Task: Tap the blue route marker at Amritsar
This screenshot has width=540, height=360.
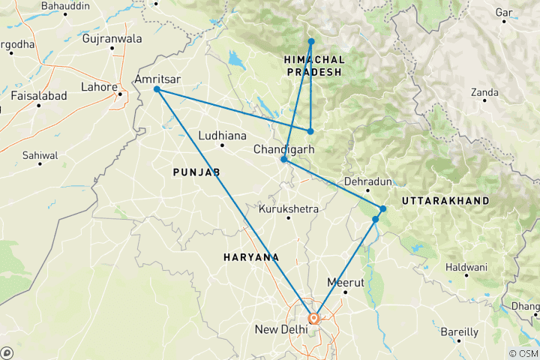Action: coord(157,89)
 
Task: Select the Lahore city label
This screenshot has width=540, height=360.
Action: coord(100,88)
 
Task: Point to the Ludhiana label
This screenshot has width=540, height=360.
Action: coord(222,136)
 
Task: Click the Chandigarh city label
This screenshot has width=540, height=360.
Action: coord(283,149)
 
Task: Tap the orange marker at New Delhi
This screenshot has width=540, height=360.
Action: coord(313,318)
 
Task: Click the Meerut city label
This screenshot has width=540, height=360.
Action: coord(346,283)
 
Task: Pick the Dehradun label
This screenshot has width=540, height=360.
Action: coord(367,181)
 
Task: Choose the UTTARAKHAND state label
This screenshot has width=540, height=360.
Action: coord(445,201)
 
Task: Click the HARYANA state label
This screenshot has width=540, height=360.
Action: coord(251,257)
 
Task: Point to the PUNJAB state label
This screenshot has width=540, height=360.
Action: coord(196,172)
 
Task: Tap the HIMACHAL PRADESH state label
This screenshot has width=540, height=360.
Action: coord(314,65)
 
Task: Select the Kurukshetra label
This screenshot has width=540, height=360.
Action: coord(288,208)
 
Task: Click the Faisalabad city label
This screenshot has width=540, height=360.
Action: coord(38,96)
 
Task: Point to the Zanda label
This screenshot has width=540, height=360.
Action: coord(484,93)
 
